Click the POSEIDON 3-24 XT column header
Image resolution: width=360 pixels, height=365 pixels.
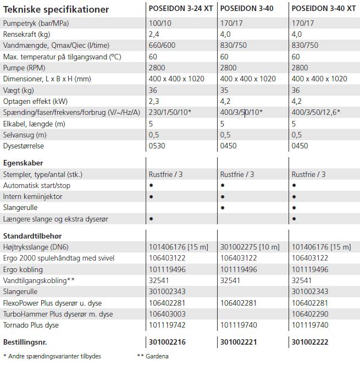pyautogui.click(x=181, y=9)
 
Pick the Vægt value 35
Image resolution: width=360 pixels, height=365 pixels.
pyautogui.click(x=225, y=90)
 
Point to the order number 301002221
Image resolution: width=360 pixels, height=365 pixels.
pyautogui.click(x=239, y=342)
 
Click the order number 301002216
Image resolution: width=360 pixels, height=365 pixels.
pyautogui.click(x=168, y=342)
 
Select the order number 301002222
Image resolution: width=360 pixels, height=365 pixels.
pyautogui.click(x=311, y=342)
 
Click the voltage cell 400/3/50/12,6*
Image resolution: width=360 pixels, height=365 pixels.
pyautogui.click(x=316, y=112)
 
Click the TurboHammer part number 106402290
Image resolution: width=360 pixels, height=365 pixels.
pyautogui.click(x=311, y=314)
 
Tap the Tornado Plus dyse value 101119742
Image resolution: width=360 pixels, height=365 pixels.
pyautogui.click(x=168, y=325)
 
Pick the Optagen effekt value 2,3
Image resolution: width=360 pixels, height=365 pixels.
pyautogui.click(x=154, y=101)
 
